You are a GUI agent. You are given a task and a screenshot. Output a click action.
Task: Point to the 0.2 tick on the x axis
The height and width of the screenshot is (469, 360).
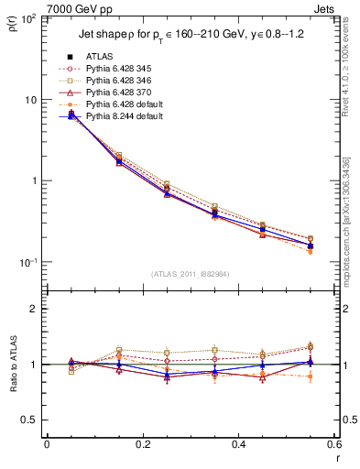pyautogui.click(x=142, y=444)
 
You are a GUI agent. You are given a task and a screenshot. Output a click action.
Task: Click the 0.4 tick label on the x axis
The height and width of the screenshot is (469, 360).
pyautogui.click(x=238, y=444)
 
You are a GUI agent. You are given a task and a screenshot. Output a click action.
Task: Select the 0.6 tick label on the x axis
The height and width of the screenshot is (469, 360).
pyautogui.click(x=333, y=444)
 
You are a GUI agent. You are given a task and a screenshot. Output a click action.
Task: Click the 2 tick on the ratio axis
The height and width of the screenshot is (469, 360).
pyautogui.click(x=36, y=309)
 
